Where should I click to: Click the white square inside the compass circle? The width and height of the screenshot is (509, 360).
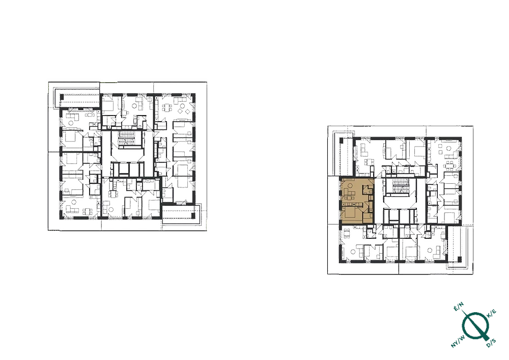coord(474,326)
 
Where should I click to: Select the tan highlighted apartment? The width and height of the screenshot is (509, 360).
coord(356,201)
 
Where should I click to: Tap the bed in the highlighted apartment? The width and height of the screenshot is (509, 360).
coord(350,211)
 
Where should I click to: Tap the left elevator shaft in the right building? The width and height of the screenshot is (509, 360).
coord(392,216)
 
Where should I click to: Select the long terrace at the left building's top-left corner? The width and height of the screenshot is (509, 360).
coord(76,98)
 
